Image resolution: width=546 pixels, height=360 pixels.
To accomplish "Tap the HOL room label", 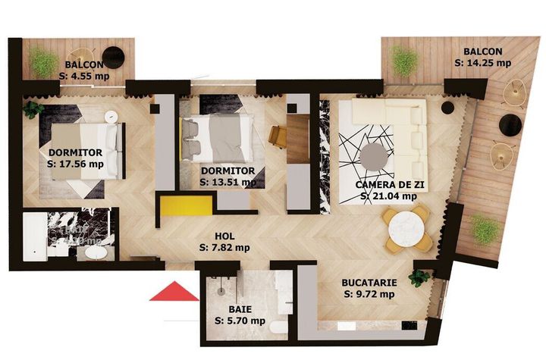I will click(224, 236).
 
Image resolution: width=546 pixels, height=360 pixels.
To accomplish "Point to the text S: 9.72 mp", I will click(369, 293).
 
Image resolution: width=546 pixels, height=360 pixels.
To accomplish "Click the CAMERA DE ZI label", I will click(388, 184).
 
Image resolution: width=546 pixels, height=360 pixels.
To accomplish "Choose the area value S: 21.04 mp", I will click(388, 196).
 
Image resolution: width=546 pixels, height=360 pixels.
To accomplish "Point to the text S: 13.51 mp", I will click(227, 182).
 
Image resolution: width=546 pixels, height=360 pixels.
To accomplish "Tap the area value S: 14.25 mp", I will click(482, 63).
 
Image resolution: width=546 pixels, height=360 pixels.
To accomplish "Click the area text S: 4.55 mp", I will click(84, 76).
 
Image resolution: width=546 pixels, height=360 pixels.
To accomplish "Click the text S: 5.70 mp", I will click(240, 321).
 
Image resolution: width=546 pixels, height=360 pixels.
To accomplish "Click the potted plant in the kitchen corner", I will click(419, 277).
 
